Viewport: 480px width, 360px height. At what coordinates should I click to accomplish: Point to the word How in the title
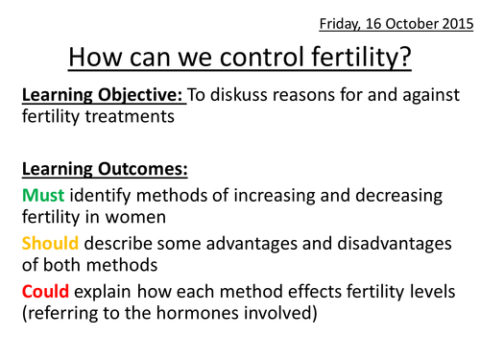[x=95, y=57]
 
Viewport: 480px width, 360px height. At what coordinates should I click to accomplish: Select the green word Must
[x=42, y=195]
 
